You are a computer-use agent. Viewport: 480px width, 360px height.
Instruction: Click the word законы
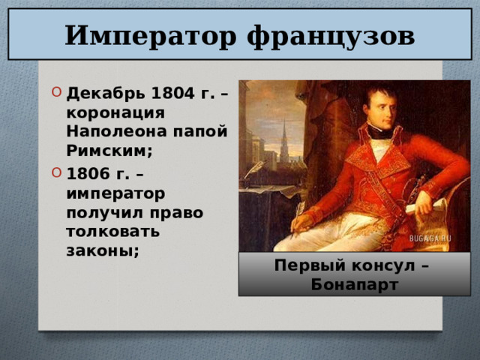[x=102, y=250]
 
